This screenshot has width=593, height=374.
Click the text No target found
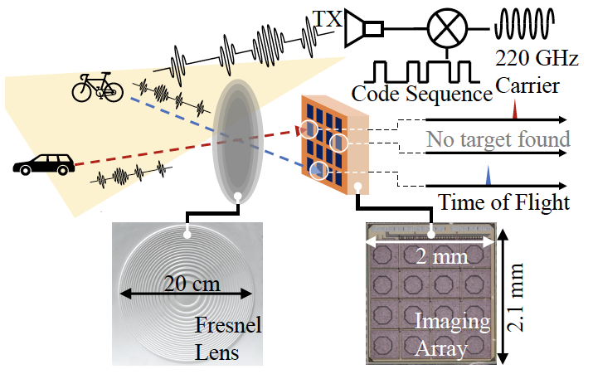(x=498, y=138)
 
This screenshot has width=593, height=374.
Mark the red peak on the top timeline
(x=515, y=110)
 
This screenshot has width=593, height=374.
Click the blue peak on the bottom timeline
(x=488, y=176)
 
